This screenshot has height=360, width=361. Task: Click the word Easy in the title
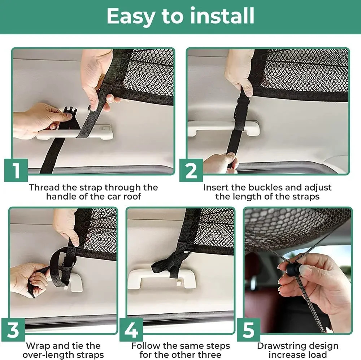tap(131, 17)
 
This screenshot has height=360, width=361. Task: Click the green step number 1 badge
tap(16, 170)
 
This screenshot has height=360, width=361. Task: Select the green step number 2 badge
tap(191, 170)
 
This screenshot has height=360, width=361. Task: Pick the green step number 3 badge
tap(13, 330)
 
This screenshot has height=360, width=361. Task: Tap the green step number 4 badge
tap(131, 330)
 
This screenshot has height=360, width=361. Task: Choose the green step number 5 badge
tap(248, 330)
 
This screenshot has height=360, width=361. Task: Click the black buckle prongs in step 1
tap(70, 110)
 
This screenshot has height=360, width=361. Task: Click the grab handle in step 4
tap(161, 279)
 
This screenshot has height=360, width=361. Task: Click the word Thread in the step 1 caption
tap(44, 187)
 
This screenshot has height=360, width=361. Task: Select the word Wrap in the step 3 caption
tap(39, 346)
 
